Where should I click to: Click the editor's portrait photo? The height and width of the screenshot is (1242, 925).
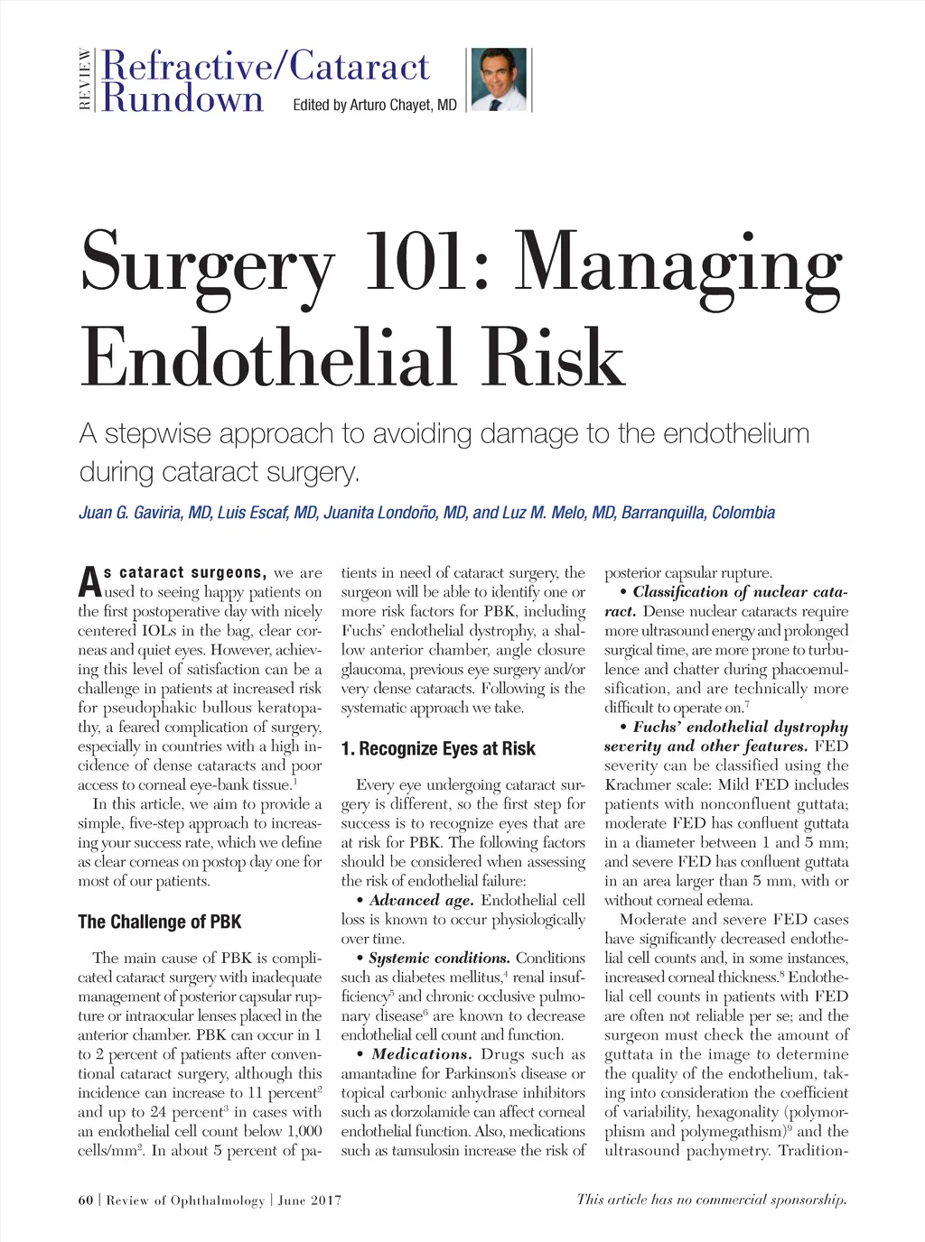pos(500,79)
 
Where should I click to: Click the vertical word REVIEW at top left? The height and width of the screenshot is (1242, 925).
pos(85,79)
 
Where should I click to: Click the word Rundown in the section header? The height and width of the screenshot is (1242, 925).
pos(183,97)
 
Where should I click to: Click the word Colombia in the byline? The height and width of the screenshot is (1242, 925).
pos(743,513)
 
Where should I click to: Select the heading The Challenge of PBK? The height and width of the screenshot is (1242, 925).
pos(160,922)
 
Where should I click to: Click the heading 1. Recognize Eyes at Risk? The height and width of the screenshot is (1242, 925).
pos(438,748)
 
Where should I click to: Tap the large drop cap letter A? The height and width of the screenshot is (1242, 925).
pos(89,582)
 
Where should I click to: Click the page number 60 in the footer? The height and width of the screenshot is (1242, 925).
pos(86,1200)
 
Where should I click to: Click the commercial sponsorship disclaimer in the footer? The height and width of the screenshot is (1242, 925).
pos(712,1200)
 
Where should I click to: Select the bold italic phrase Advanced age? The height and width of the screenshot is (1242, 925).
pos(421,900)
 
